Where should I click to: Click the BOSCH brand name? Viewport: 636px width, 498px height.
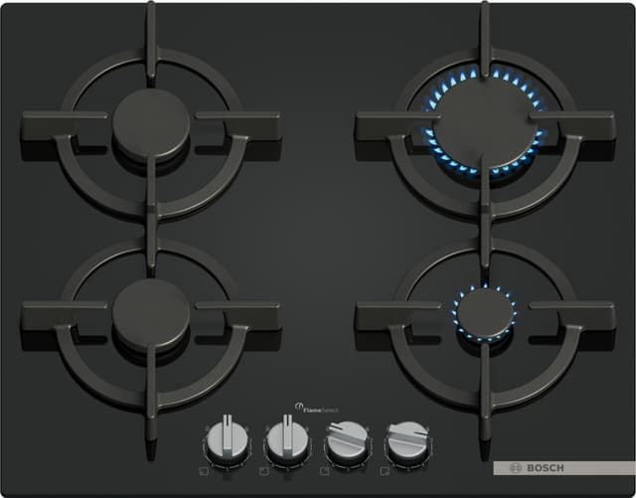coord(546,468)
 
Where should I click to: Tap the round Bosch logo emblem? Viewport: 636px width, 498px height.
coord(516,468)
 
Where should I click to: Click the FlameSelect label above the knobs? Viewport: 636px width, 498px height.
coord(320,410)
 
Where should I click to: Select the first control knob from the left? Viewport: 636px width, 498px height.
coord(228,440)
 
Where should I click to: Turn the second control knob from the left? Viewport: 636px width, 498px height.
coord(287,440)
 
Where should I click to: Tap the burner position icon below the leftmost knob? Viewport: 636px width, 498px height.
coord(204,471)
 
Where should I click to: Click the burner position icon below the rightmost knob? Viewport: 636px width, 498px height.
coord(385,471)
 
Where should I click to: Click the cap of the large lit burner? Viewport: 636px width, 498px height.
coord(486,121)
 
